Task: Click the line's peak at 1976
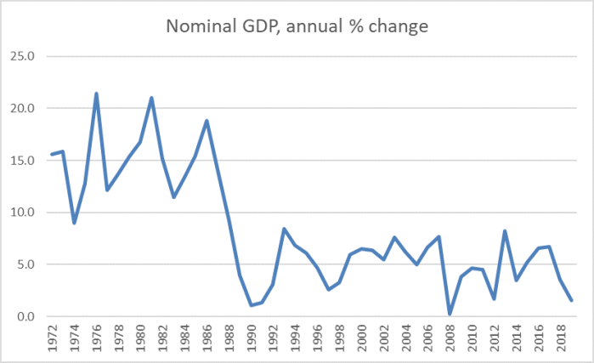pyautogui.click(x=96, y=94)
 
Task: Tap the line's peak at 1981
pyautogui.click(x=151, y=98)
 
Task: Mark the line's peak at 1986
pyautogui.click(x=206, y=121)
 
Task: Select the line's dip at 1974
pyautogui.click(x=74, y=223)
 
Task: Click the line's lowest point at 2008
pyautogui.click(x=449, y=314)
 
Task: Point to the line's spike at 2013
pyautogui.click(x=505, y=231)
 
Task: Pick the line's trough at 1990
pyautogui.click(x=252, y=304)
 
